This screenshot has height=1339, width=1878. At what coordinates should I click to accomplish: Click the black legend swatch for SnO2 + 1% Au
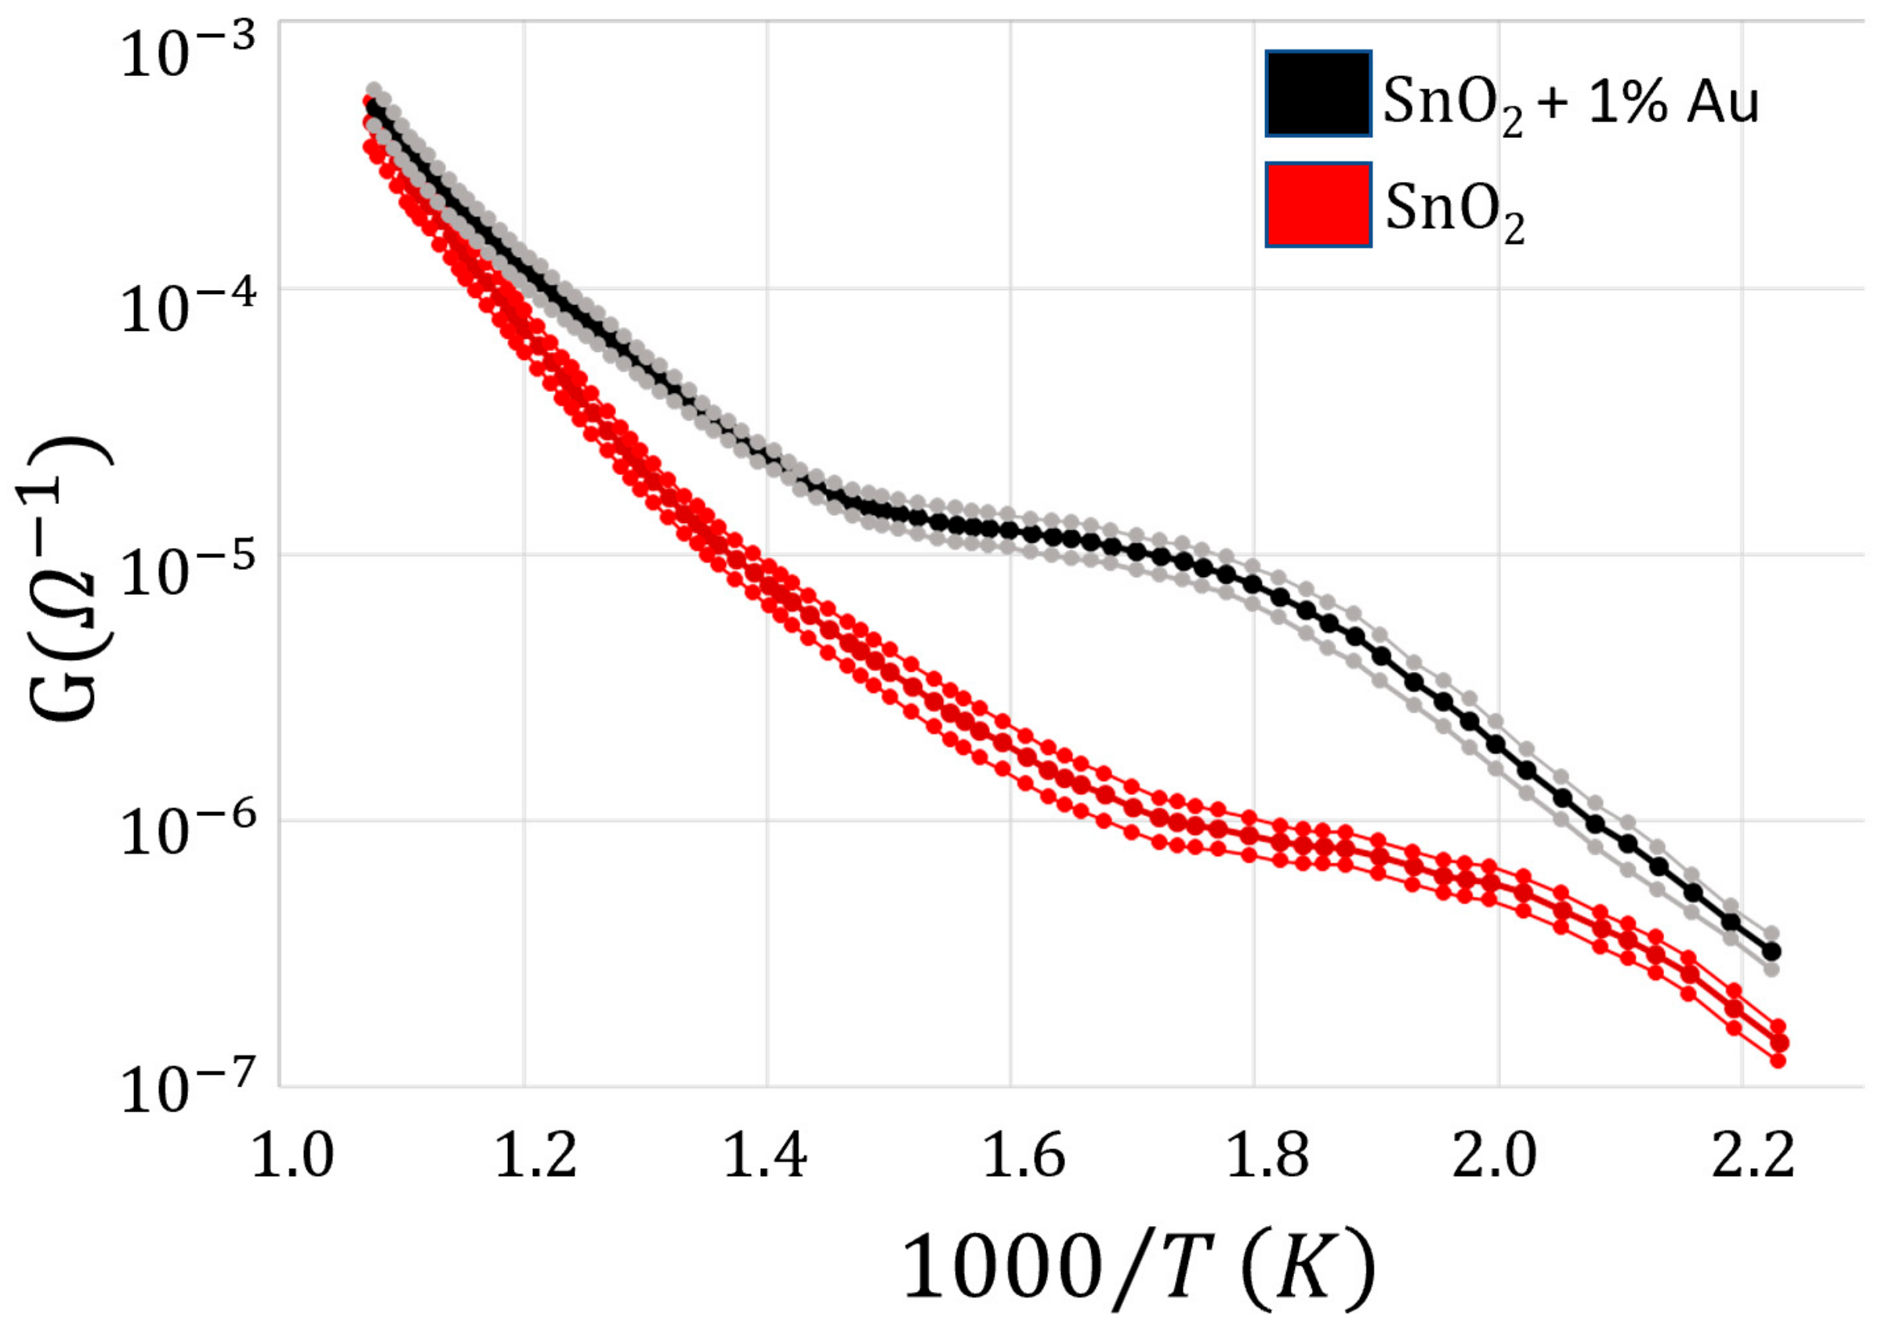[x=1318, y=93]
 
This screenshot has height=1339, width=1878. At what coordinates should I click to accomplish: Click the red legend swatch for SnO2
[x=1318, y=205]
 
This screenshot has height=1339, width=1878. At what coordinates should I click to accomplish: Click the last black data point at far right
[x=1771, y=952]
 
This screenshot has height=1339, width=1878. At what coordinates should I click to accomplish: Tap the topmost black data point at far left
[x=375, y=108]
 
